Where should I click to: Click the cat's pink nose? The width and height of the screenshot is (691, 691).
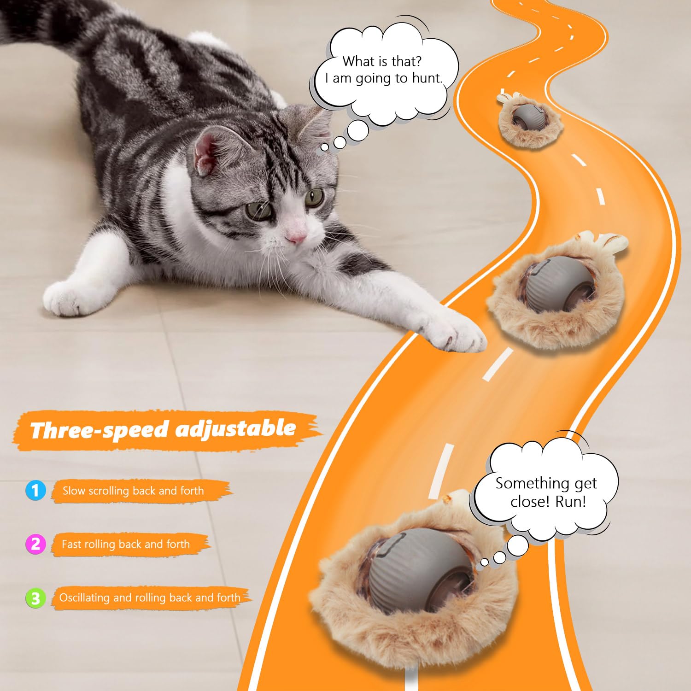click(295, 237)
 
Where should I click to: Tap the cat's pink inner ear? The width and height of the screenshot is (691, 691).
click(206, 153)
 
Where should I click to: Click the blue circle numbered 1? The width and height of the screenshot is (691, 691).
click(35, 490)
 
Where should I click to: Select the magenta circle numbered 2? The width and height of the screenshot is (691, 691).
click(35, 544)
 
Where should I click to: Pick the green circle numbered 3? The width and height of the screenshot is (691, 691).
click(35, 598)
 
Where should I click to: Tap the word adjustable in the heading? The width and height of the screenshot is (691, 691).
click(235, 428)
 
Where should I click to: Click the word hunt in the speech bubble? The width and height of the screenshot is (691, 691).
click(426, 78)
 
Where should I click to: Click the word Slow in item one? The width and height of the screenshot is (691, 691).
click(74, 491)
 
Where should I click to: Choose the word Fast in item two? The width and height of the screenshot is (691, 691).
click(71, 544)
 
